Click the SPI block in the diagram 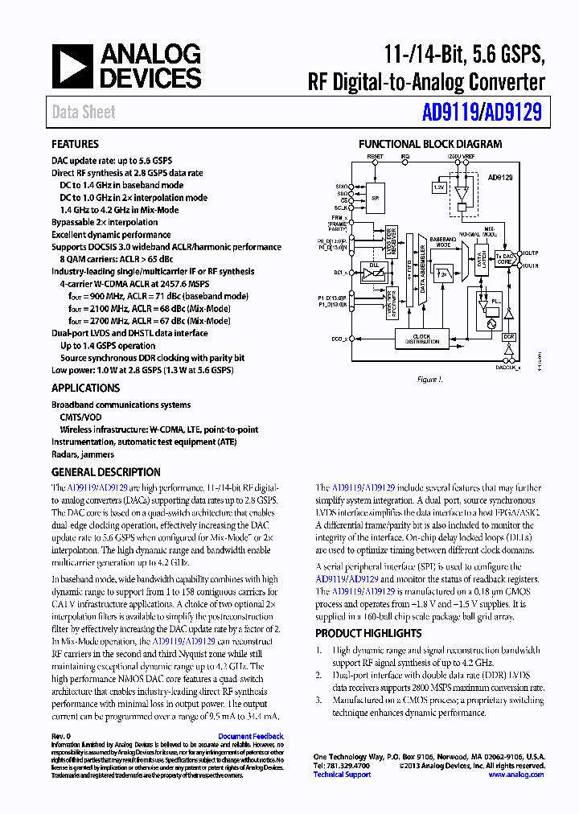(x=375, y=198)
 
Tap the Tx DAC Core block (x=504, y=258)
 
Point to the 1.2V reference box (x=438, y=187)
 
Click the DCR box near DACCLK (x=508, y=338)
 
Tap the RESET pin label (x=375, y=156)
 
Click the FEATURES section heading (x=76, y=144)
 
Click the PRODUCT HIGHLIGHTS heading (x=368, y=633)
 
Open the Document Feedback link (x=251, y=736)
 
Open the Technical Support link (x=342, y=775)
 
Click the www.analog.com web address (x=516, y=775)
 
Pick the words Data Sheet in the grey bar (x=84, y=113)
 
